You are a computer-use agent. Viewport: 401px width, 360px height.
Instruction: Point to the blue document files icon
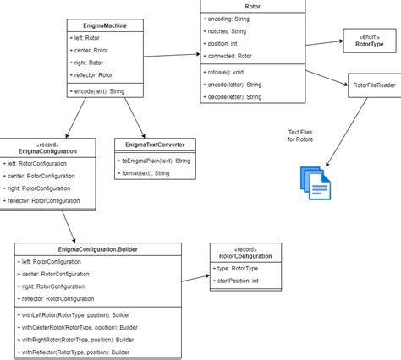[314, 179]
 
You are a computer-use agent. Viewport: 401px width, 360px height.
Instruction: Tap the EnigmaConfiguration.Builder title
[97, 250]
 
